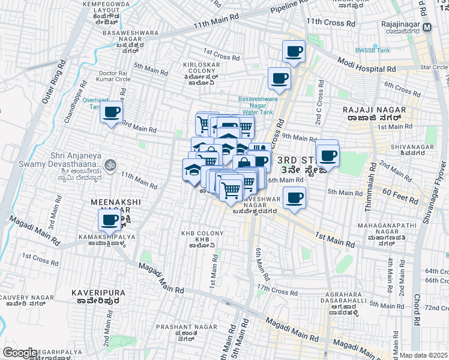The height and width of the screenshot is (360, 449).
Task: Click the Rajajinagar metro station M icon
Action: coord(427,28)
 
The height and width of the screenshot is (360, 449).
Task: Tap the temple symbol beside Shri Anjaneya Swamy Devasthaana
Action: coord(109,163)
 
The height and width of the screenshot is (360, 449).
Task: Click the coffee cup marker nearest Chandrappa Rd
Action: coord(111,112)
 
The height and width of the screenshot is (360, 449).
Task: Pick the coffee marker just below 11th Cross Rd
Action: coord(294,52)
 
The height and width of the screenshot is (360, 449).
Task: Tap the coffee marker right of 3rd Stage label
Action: coord(328,156)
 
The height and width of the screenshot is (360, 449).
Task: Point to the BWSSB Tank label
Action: coord(372,50)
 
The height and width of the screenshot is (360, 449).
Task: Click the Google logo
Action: coord(20,353)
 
